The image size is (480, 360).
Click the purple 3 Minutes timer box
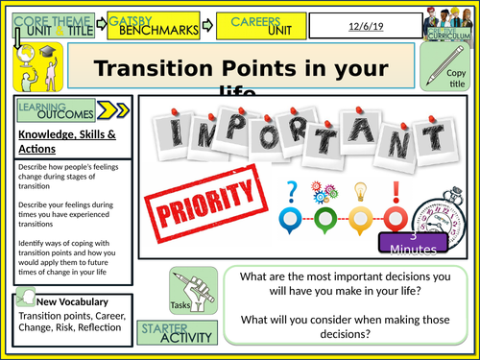(414, 243)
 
